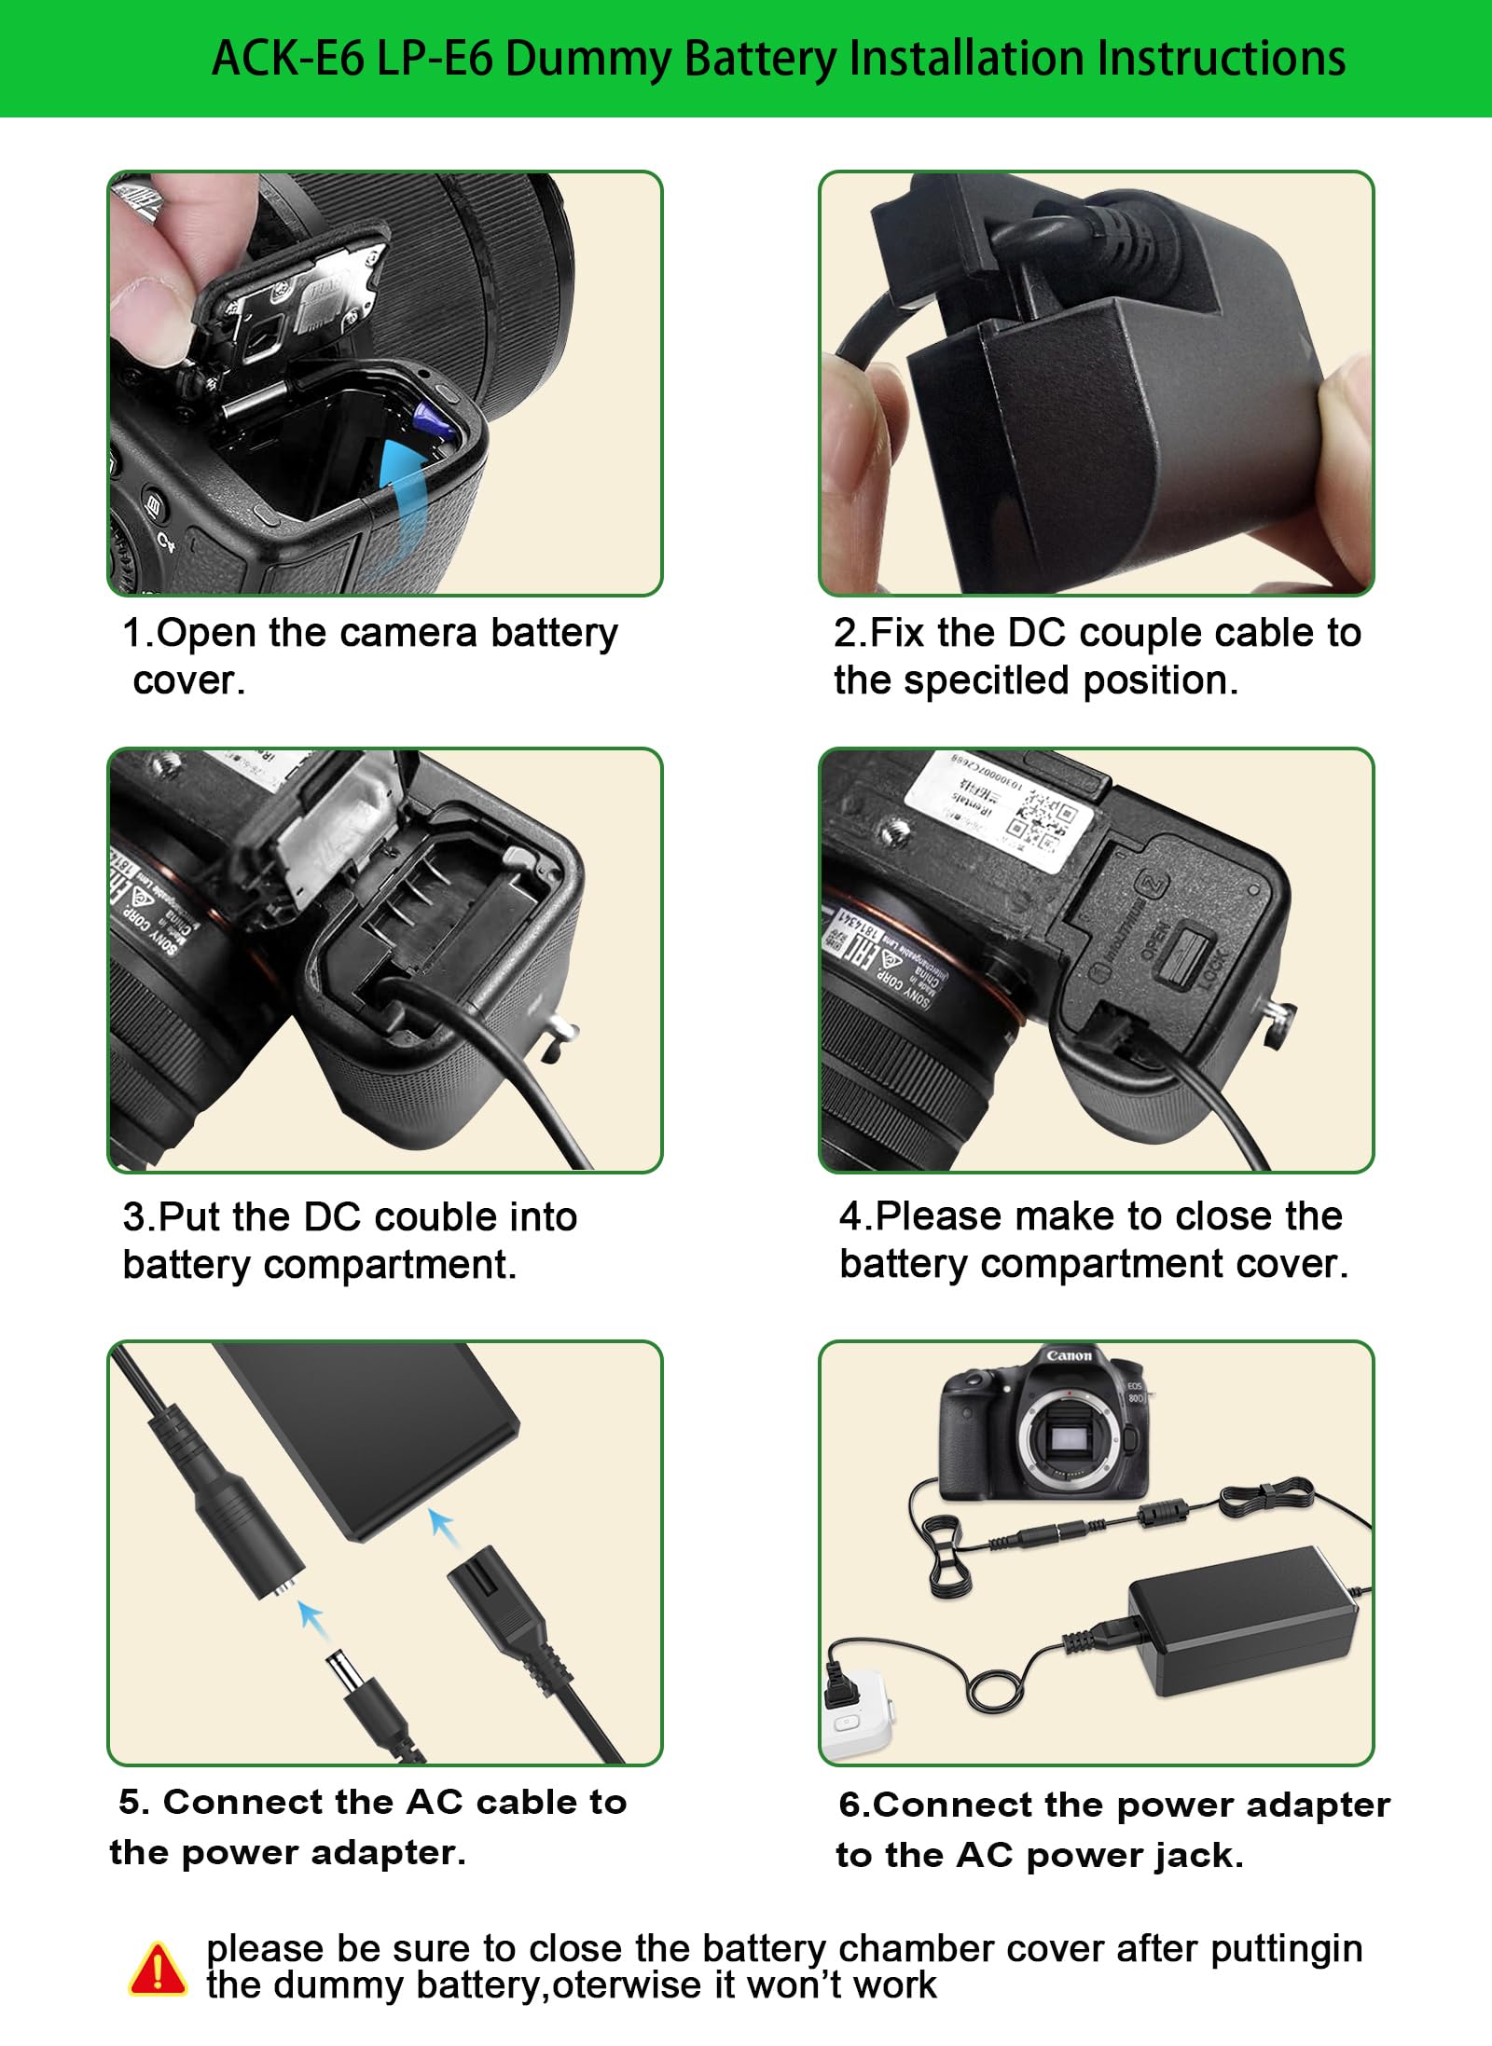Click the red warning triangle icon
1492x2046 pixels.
pos(158,1968)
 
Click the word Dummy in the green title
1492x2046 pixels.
pos(591,60)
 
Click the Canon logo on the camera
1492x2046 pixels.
pos(1069,1355)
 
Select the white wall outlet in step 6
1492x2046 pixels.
pos(856,1713)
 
